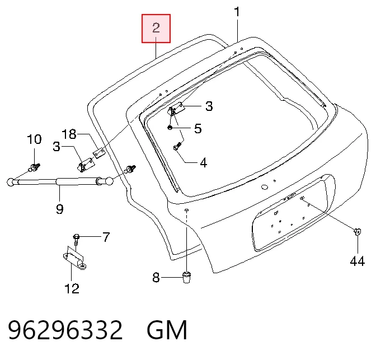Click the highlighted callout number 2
tap(156, 28)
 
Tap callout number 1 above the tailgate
tap(237, 12)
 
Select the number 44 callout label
tap(358, 261)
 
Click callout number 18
tap(69, 134)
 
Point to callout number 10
tap(34, 139)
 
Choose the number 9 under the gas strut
tap(60, 209)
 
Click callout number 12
tap(72, 288)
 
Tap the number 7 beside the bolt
tap(106, 237)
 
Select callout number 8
tap(156, 278)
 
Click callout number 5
tap(198, 129)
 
